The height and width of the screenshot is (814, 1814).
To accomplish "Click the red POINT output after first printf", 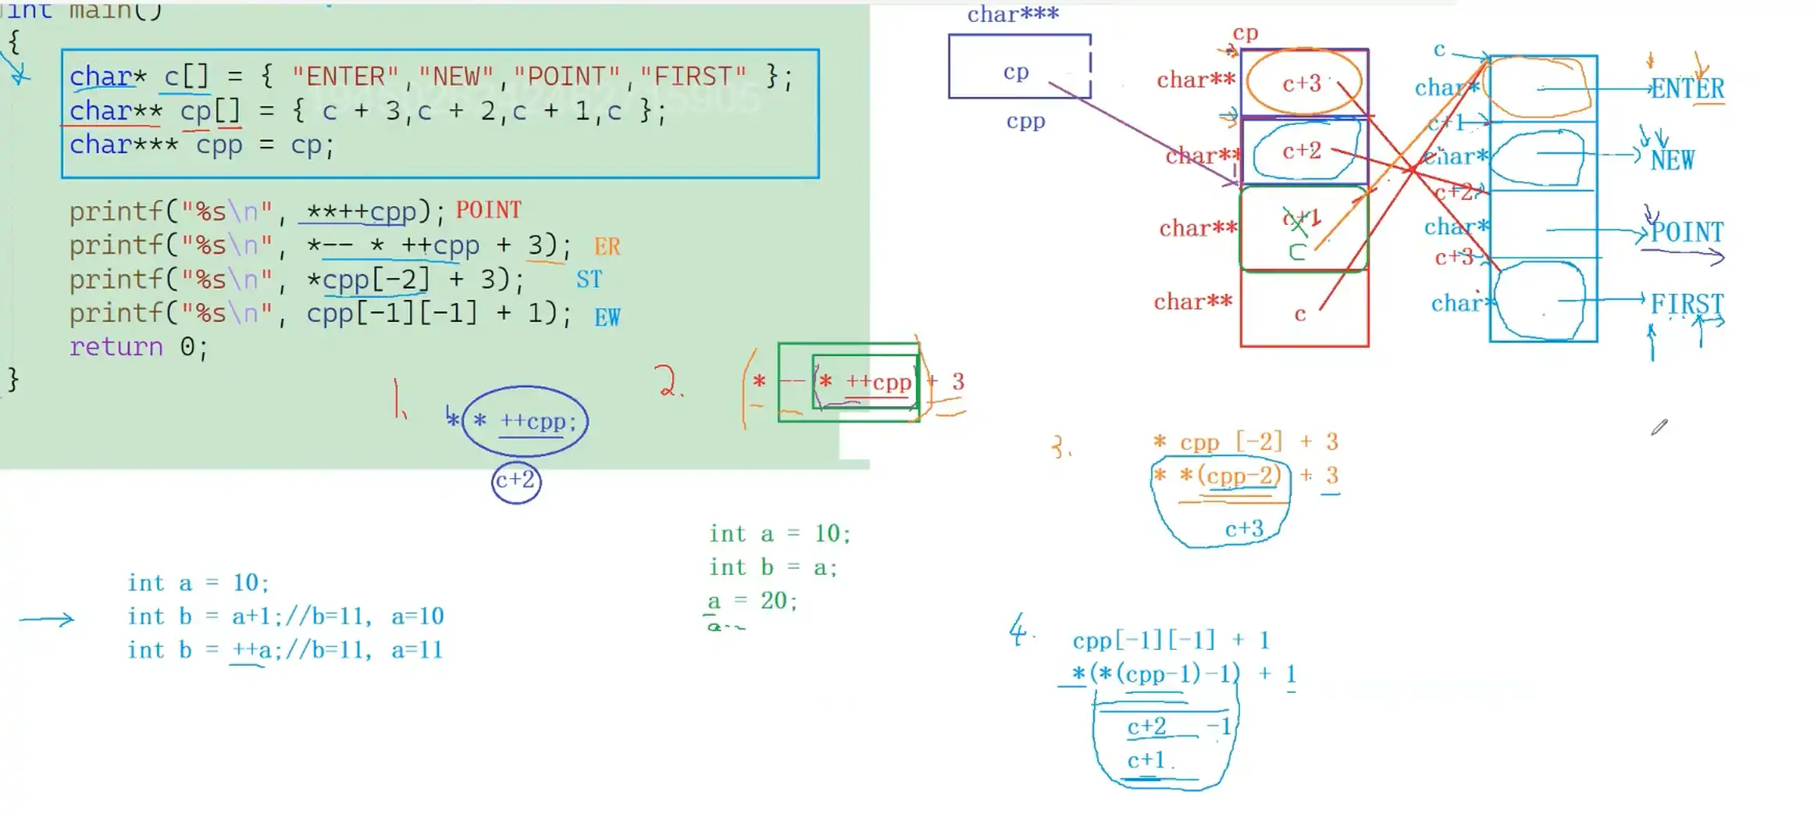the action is click(x=488, y=210).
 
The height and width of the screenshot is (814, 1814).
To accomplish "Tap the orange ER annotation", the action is click(x=607, y=247).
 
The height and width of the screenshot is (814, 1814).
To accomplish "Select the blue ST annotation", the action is click(x=589, y=280).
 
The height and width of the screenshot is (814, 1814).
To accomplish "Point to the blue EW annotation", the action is click(x=607, y=317).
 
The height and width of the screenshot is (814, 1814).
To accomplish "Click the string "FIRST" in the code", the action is click(x=692, y=77).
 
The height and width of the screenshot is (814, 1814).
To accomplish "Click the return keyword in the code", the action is click(x=116, y=346).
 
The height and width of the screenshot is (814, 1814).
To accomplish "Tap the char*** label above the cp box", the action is click(x=1013, y=15).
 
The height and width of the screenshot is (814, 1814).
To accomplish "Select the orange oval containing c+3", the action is click(x=1303, y=82).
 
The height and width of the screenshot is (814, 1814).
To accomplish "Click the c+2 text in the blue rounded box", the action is click(x=1302, y=151).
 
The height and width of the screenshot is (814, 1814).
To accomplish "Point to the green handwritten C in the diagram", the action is click(x=1297, y=252).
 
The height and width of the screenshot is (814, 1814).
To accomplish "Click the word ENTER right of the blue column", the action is click(x=1687, y=88).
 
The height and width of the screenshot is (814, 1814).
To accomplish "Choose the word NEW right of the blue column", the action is click(x=1672, y=160).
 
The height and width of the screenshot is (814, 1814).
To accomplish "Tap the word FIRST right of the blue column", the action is click(x=1686, y=303).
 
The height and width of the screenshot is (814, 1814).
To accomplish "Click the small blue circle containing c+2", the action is click(x=516, y=480).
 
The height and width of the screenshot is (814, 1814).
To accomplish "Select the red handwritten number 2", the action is click(x=668, y=381).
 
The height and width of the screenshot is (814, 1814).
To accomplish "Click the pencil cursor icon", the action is click(x=1659, y=427).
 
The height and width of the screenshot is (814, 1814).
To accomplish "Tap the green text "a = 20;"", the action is click(x=752, y=600).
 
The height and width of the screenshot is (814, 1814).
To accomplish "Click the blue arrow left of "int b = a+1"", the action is click(x=47, y=619).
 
